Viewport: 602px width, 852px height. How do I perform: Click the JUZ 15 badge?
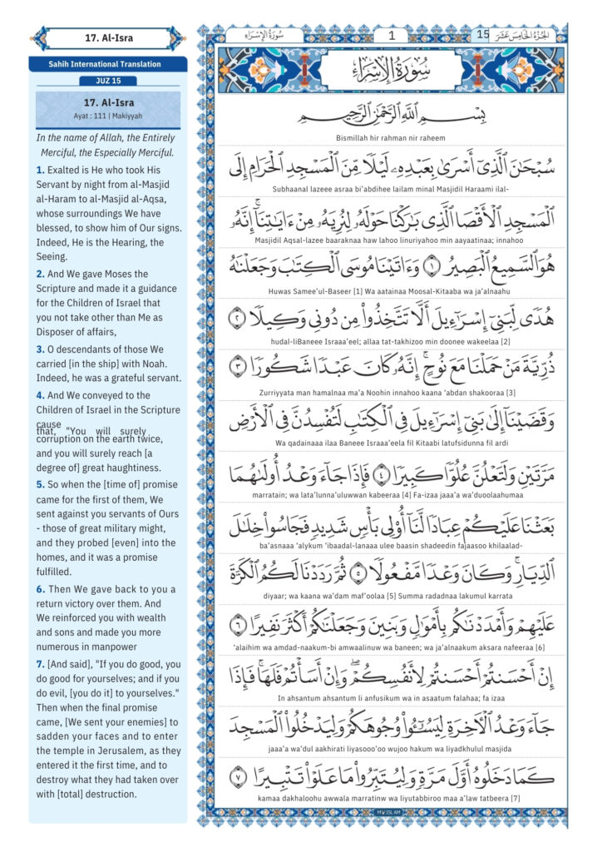click(108, 81)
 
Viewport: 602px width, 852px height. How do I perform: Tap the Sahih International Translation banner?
click(108, 64)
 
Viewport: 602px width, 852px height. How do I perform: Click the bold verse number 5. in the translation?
click(40, 484)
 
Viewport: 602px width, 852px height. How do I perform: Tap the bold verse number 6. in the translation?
click(40, 589)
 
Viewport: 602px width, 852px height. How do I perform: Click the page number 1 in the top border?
click(391, 35)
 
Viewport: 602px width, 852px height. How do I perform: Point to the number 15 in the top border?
click(483, 35)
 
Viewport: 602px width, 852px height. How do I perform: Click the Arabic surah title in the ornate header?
click(391, 69)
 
